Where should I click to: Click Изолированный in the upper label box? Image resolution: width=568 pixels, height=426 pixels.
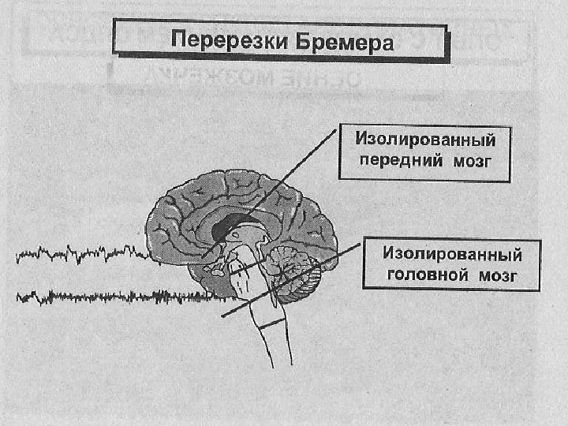click(x=425, y=141)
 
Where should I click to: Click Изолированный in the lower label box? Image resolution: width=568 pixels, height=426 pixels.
click(x=452, y=254)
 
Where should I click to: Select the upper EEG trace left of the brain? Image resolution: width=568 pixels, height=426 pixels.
click(x=79, y=254)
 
